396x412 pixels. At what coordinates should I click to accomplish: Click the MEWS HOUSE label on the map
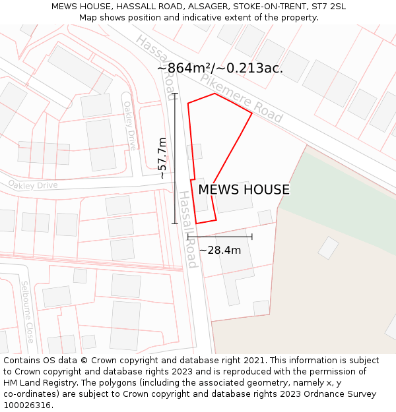tap(244, 190)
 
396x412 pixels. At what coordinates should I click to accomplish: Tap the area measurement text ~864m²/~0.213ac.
tap(220, 68)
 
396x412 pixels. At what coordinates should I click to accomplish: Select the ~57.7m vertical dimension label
tap(162, 158)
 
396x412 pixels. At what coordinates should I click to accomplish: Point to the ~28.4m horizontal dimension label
tap(220, 250)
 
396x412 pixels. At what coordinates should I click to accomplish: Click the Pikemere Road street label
tap(242, 98)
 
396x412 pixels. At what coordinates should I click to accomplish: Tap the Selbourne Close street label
tap(27, 312)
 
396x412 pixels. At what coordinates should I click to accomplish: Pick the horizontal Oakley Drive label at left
tap(33, 185)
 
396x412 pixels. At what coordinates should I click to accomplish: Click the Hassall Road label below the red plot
tap(188, 229)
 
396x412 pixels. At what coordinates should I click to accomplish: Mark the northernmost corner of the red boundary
tap(215, 94)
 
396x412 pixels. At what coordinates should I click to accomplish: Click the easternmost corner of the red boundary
tap(252, 113)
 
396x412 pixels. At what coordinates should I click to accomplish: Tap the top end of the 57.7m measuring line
tap(175, 94)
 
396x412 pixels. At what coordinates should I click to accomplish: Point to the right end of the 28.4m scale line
tap(252, 237)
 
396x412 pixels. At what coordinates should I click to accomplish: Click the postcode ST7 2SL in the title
tap(328, 7)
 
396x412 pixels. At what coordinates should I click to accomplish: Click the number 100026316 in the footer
tap(27, 405)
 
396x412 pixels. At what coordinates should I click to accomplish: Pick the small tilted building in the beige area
tap(328, 248)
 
